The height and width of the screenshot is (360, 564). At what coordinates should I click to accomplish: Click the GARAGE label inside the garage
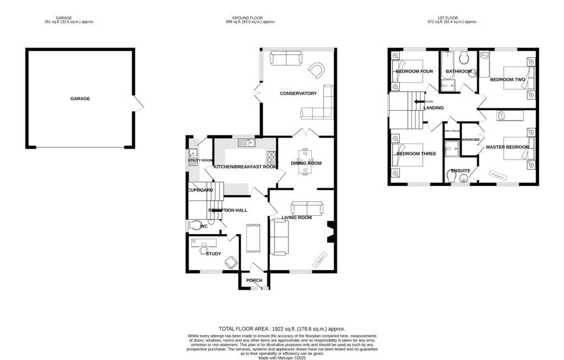pyautogui.click(x=80, y=99)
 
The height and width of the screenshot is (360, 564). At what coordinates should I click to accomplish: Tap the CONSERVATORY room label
pyautogui.click(x=298, y=94)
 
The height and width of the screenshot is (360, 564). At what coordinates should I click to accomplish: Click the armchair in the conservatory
pyautogui.click(x=317, y=70)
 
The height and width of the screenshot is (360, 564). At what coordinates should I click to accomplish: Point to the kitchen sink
pyautogui.click(x=246, y=143)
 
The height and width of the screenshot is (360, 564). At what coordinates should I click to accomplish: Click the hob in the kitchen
pyautogui.click(x=271, y=158)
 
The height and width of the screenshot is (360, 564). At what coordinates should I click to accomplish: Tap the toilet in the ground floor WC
pyautogui.click(x=196, y=225)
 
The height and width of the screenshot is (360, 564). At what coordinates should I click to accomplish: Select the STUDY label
pyautogui.click(x=213, y=254)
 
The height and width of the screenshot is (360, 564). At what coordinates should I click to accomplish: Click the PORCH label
pyautogui.click(x=254, y=281)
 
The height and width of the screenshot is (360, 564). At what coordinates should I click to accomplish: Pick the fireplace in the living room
pyautogui.click(x=330, y=232)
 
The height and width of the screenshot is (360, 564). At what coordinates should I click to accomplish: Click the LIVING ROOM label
pyautogui.click(x=297, y=217)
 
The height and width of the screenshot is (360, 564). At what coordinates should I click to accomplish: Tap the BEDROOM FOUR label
pyautogui.click(x=414, y=72)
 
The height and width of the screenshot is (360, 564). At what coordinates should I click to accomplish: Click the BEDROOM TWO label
pyautogui.click(x=507, y=79)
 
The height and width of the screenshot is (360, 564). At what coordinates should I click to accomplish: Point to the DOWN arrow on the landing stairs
pyautogui.click(x=420, y=102)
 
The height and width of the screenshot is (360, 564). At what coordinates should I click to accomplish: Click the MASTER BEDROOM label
pyautogui.click(x=507, y=147)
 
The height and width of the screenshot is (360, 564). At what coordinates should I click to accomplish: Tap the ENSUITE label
pyautogui.click(x=460, y=171)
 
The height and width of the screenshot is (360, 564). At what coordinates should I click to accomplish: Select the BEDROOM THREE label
pyautogui.click(x=416, y=154)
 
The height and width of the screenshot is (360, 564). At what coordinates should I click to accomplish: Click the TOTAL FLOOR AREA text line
pyautogui.click(x=282, y=329)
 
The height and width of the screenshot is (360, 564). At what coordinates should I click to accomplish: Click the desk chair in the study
pyautogui.click(x=231, y=263)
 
